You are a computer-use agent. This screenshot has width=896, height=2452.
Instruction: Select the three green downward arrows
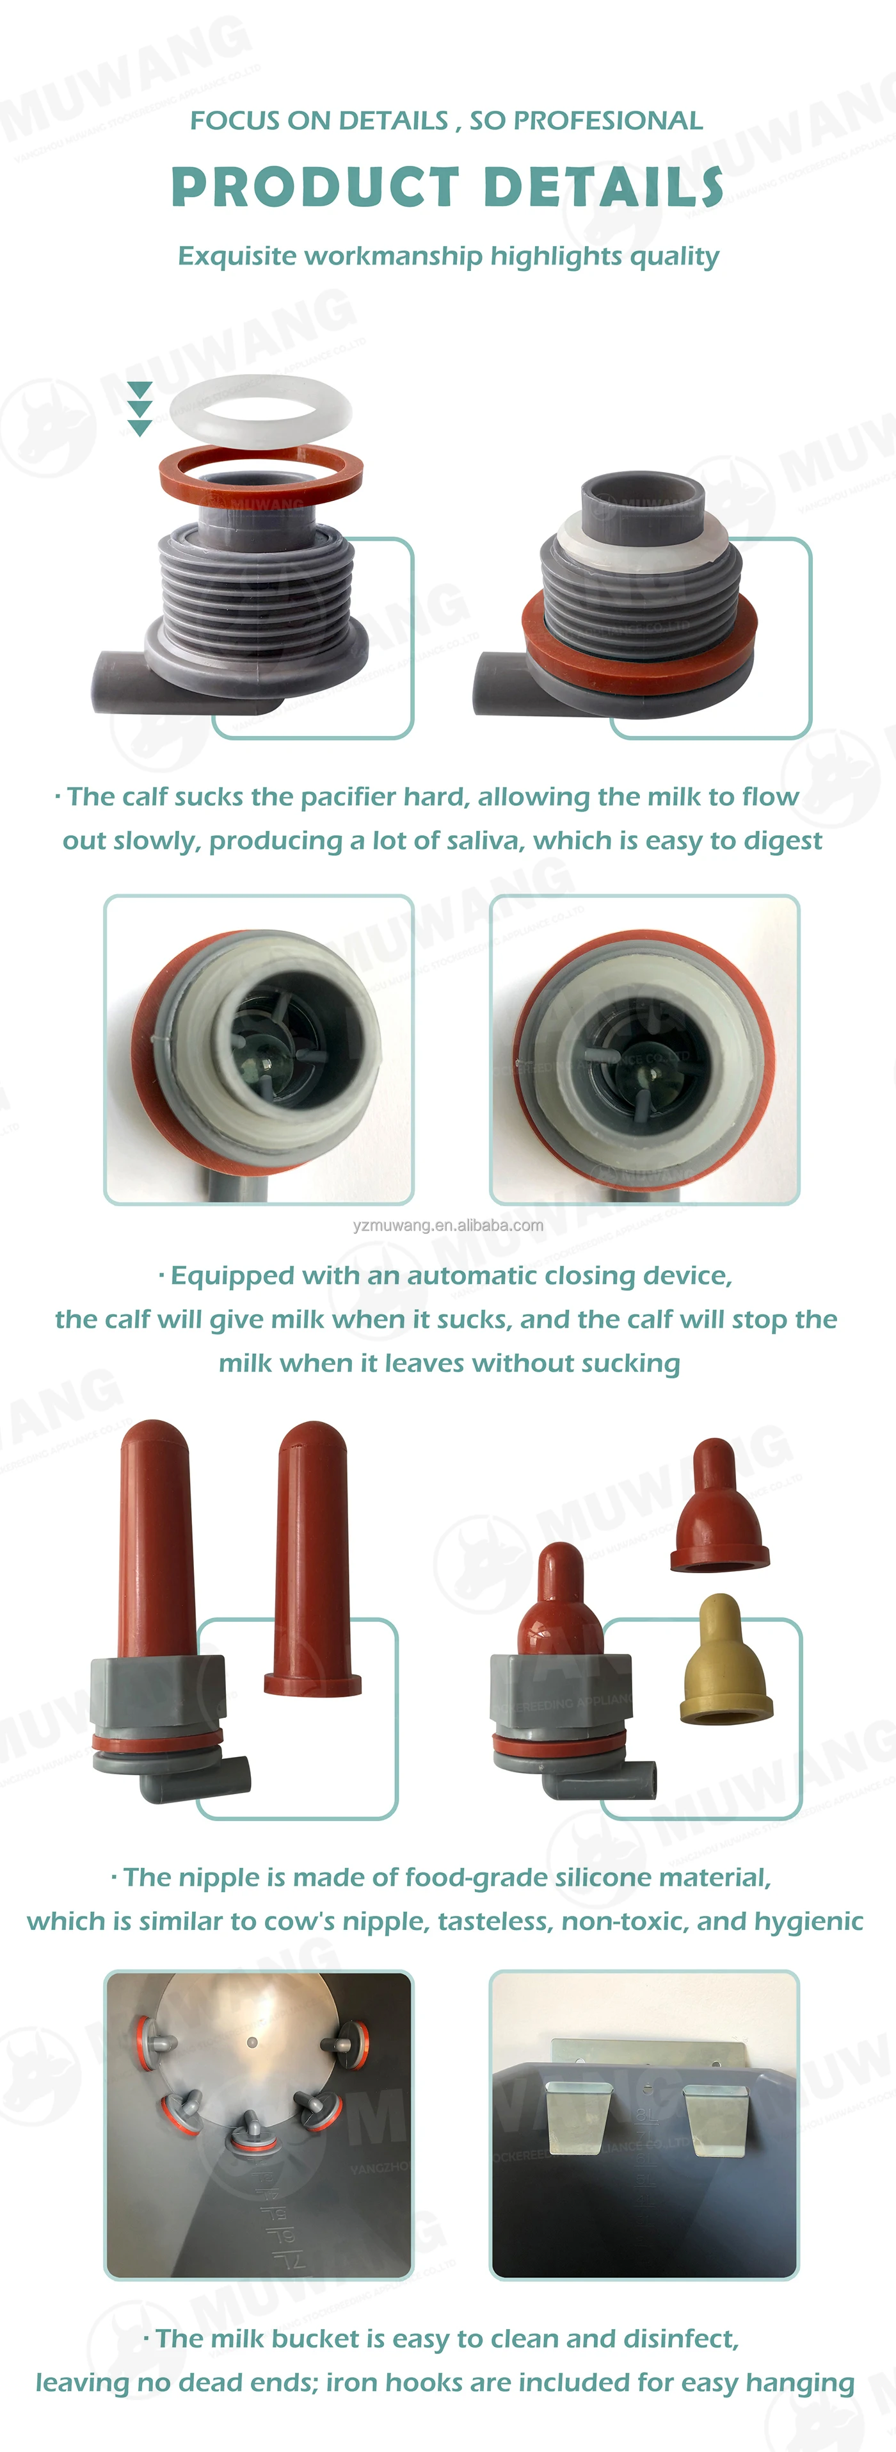140,409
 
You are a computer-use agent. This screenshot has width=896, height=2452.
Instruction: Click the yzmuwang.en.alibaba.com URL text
448,1225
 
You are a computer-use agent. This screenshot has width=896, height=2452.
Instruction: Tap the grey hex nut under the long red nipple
159,1690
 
